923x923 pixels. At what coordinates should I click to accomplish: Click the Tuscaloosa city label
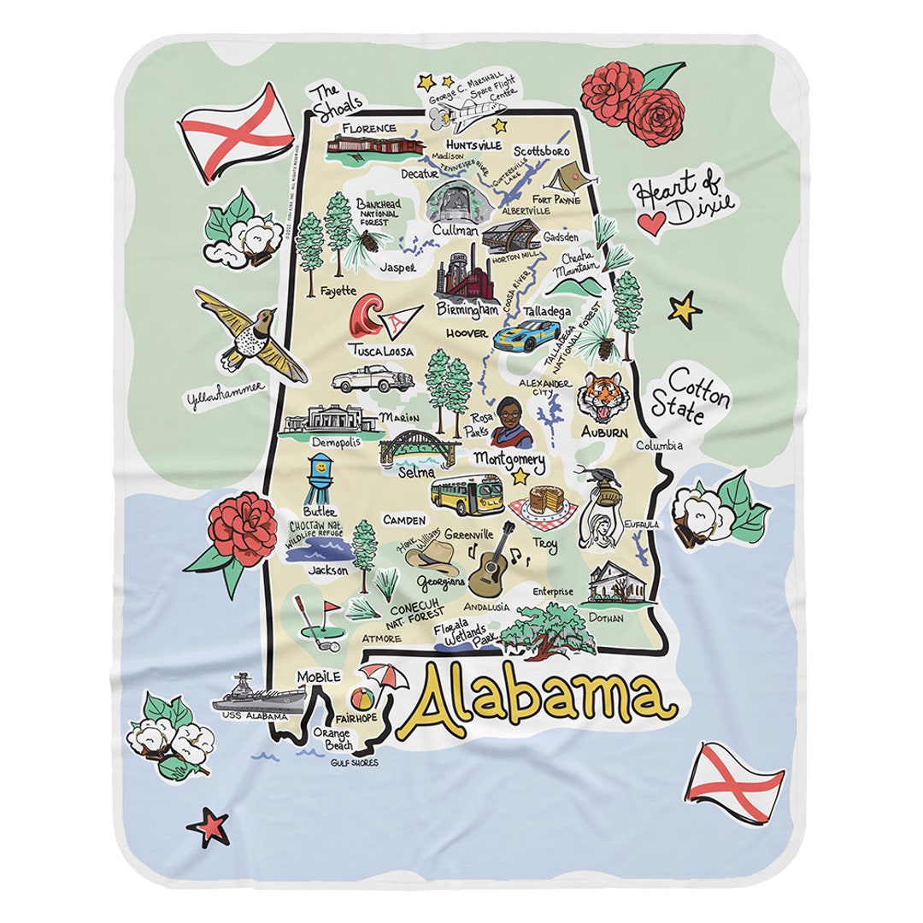[380, 350]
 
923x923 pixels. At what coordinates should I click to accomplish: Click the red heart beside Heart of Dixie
[652, 225]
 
